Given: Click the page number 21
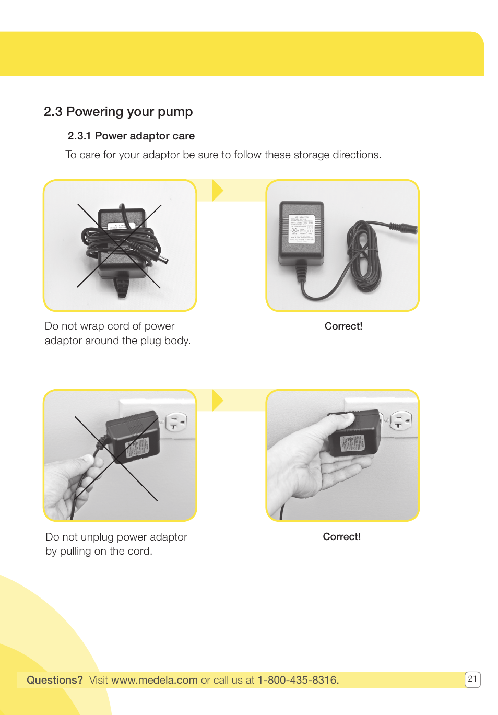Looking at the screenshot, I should [x=472, y=679].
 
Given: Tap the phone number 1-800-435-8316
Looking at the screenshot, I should [x=298, y=680].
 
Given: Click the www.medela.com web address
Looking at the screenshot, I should [x=155, y=680].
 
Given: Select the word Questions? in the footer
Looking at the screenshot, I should [x=55, y=680].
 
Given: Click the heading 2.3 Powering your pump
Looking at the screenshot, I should [x=118, y=112].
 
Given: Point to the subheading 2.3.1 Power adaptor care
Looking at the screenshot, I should [x=131, y=136].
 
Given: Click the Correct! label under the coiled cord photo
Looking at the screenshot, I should [x=343, y=326].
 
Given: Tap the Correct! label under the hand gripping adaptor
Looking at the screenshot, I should [x=342, y=536].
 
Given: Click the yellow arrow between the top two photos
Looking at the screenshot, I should [x=218, y=190].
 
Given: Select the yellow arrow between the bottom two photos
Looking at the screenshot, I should [x=218, y=401].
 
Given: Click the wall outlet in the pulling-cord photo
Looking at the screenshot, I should [x=176, y=422].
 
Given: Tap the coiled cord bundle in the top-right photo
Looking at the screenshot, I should [x=364, y=256].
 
